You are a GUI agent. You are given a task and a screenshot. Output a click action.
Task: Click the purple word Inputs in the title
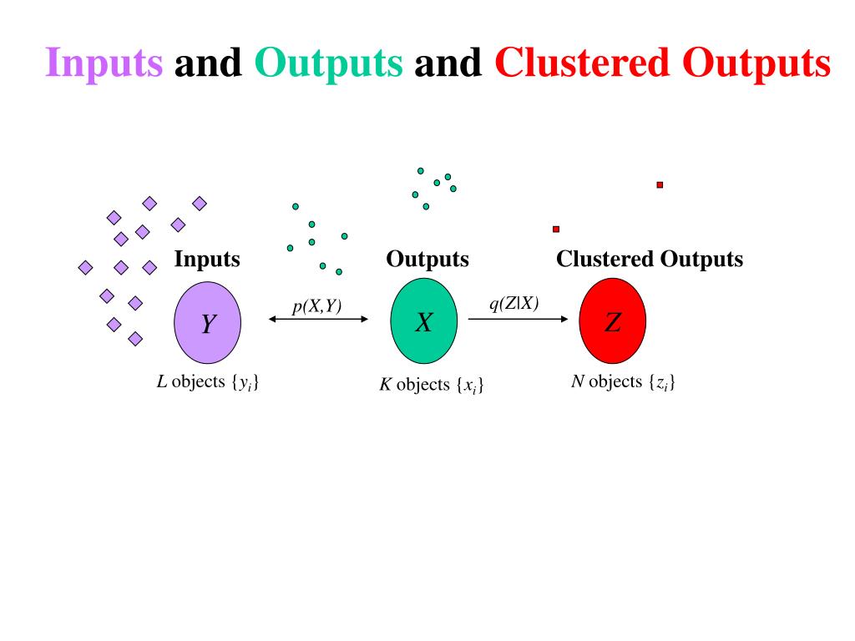tap(104, 63)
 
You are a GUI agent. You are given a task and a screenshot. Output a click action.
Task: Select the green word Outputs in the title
tap(328, 63)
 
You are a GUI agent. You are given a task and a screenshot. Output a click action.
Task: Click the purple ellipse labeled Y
tap(207, 322)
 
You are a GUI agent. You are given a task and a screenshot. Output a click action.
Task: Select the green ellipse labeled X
tap(424, 321)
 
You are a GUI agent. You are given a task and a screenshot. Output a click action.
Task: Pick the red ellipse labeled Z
tap(613, 321)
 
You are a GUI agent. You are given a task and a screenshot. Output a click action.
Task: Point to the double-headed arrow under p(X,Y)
tap(318, 318)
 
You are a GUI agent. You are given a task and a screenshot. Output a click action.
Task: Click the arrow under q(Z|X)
tap(519, 318)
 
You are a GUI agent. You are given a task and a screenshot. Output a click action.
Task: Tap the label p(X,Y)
tap(316, 306)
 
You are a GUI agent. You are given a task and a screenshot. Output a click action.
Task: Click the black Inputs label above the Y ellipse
tap(207, 259)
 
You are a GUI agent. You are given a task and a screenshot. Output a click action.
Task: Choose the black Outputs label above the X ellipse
tap(427, 259)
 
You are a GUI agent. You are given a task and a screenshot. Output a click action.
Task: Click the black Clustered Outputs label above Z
tap(650, 259)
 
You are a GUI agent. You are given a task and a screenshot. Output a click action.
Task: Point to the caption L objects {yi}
tap(208, 383)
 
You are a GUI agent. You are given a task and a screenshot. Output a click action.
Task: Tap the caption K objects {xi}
tap(432, 386)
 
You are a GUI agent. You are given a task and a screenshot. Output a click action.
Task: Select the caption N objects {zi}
tap(623, 382)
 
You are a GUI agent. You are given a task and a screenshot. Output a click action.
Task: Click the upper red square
tap(660, 184)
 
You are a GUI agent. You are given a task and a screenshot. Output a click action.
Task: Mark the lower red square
tap(556, 229)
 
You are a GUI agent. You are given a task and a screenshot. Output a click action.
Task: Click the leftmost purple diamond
tap(85, 267)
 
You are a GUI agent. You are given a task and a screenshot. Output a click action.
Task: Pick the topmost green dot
tap(421, 170)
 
